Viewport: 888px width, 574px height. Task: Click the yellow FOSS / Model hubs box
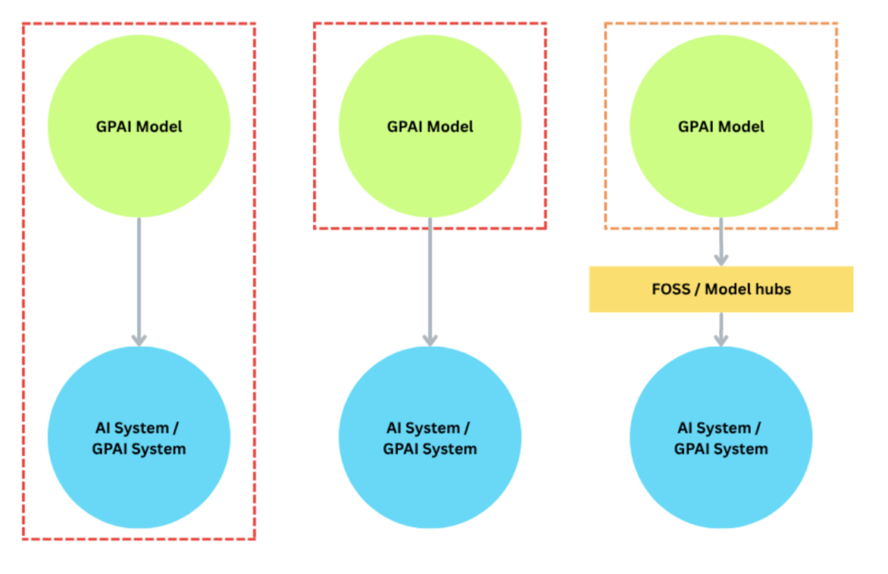pos(721,289)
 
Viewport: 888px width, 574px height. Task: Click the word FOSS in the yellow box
pos(669,289)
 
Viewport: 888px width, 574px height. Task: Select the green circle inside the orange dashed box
pos(721,127)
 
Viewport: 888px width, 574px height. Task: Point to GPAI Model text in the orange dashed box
pos(721,127)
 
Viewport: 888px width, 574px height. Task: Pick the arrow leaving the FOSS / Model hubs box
pos(721,329)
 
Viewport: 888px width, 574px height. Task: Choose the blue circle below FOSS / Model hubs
pos(721,438)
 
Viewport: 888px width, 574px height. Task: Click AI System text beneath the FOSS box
pos(721,428)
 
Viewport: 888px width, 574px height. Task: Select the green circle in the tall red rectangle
pos(139,127)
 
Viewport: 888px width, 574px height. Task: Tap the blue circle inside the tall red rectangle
pos(139,438)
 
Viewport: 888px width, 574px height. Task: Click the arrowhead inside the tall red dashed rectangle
pos(139,340)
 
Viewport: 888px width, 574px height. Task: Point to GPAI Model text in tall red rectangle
pos(139,127)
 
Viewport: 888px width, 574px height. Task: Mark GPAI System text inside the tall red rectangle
pos(139,449)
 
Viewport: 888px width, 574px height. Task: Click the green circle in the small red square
pos(430,127)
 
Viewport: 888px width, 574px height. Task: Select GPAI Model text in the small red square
pos(430,127)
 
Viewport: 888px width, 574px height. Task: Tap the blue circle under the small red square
pos(430,438)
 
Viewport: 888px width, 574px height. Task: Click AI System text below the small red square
pos(430,428)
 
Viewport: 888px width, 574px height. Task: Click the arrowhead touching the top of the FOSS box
pos(721,258)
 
